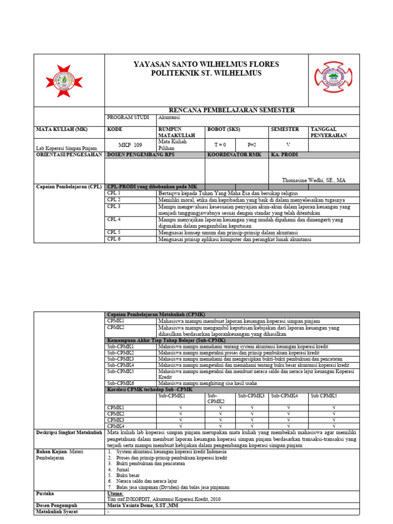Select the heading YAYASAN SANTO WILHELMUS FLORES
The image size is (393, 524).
click(x=206, y=64)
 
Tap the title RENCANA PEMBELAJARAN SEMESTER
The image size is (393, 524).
click(x=231, y=111)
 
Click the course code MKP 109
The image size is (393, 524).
click(x=130, y=145)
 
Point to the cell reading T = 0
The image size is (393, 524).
click(x=220, y=145)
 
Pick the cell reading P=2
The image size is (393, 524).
click(x=251, y=145)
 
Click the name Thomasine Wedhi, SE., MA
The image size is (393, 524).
click(x=314, y=180)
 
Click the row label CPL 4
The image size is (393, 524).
click(x=114, y=220)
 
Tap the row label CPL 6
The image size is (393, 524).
click(x=114, y=239)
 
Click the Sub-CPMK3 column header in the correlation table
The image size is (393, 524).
click(x=251, y=396)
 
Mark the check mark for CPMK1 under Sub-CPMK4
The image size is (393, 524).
click(x=288, y=407)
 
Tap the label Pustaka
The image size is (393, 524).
click(x=45, y=494)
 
